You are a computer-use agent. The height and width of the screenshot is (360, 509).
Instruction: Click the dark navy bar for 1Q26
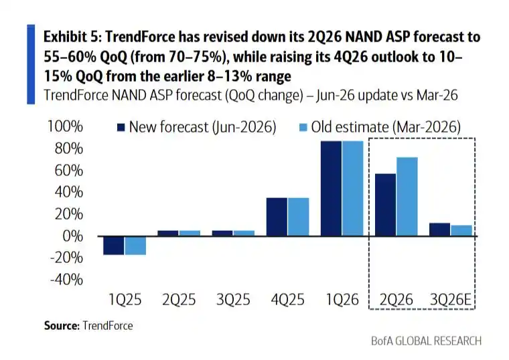coord(331,189)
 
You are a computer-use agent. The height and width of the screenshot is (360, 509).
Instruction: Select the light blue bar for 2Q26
coord(407,197)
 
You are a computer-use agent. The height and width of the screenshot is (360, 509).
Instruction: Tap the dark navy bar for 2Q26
coord(385,205)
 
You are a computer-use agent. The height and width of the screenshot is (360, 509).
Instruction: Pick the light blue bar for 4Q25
coord(298,217)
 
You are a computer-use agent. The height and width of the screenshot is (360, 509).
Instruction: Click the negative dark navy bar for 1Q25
coord(114,246)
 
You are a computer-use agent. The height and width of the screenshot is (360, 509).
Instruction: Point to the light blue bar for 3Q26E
coord(461,231)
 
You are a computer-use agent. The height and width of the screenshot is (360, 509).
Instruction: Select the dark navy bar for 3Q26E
coord(439,230)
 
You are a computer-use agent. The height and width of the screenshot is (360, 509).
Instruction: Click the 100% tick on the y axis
coord(65,126)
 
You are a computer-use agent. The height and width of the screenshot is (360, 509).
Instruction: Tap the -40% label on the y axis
coord(66,280)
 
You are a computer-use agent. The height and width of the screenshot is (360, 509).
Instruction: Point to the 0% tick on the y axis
coord(72,236)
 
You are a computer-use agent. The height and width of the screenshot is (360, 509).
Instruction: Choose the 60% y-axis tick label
coord(69,170)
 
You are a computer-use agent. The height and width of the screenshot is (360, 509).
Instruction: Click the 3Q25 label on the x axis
coord(233,299)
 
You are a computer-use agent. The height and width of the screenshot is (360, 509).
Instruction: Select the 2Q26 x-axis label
coord(396,299)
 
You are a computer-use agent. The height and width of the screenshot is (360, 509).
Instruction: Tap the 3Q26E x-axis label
coord(451,299)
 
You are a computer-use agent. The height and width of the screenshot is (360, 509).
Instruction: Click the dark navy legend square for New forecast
coord(121,127)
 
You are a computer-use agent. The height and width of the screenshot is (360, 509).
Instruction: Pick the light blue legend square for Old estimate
coord(303,127)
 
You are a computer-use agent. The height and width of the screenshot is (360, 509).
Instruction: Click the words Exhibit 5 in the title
coord(70,37)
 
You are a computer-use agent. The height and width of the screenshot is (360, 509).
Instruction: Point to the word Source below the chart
coord(62,325)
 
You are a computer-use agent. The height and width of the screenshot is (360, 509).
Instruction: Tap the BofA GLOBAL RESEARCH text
coord(426,341)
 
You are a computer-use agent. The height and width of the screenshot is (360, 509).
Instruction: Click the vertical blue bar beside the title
coord(31,64)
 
